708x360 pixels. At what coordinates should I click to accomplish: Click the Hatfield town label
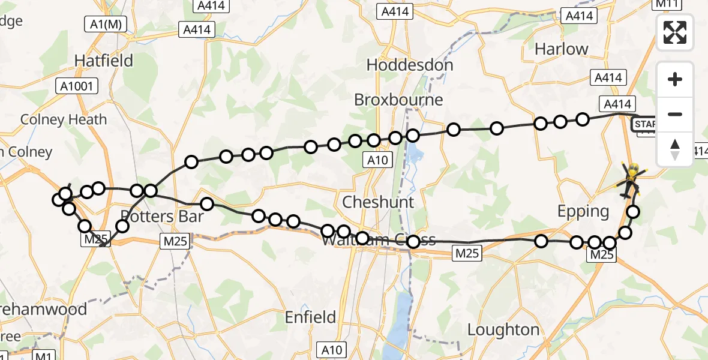(x=95, y=60)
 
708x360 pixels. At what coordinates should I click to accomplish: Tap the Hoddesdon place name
(x=409, y=65)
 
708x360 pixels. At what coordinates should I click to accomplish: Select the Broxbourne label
(x=398, y=99)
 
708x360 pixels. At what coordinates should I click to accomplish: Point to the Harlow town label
(x=561, y=49)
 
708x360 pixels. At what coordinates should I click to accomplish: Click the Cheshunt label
(x=377, y=202)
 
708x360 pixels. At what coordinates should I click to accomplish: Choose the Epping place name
(x=583, y=211)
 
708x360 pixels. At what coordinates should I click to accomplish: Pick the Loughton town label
(x=503, y=330)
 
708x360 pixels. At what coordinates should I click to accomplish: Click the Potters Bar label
(x=162, y=215)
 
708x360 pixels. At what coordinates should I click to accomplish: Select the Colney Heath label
(x=64, y=119)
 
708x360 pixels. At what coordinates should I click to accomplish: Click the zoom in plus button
(x=675, y=79)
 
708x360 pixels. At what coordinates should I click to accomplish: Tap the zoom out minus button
(x=675, y=114)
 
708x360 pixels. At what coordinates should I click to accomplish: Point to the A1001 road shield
(x=77, y=86)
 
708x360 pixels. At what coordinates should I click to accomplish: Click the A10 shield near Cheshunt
(x=379, y=160)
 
